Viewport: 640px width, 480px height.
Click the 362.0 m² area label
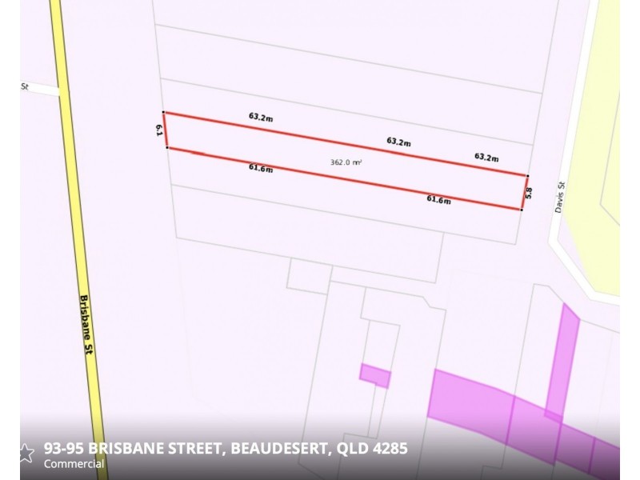(346, 162)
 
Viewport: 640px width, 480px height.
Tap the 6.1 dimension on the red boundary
(160, 130)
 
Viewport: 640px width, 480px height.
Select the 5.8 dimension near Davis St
(529, 193)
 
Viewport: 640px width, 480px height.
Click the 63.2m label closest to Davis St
(486, 157)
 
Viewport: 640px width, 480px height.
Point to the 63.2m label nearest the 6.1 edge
(261, 117)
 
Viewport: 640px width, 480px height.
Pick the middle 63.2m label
(398, 142)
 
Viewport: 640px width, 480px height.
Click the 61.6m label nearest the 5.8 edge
(438, 200)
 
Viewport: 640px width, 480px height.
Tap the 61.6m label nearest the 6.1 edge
(261, 168)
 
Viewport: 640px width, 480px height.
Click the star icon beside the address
(26, 453)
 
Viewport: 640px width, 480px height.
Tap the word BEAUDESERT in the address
(278, 448)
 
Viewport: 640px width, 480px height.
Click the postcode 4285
(390, 448)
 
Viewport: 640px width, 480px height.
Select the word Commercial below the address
(74, 464)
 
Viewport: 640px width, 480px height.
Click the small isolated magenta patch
(374, 375)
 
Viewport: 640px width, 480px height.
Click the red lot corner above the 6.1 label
(163, 113)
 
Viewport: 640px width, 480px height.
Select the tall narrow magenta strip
(566, 360)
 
